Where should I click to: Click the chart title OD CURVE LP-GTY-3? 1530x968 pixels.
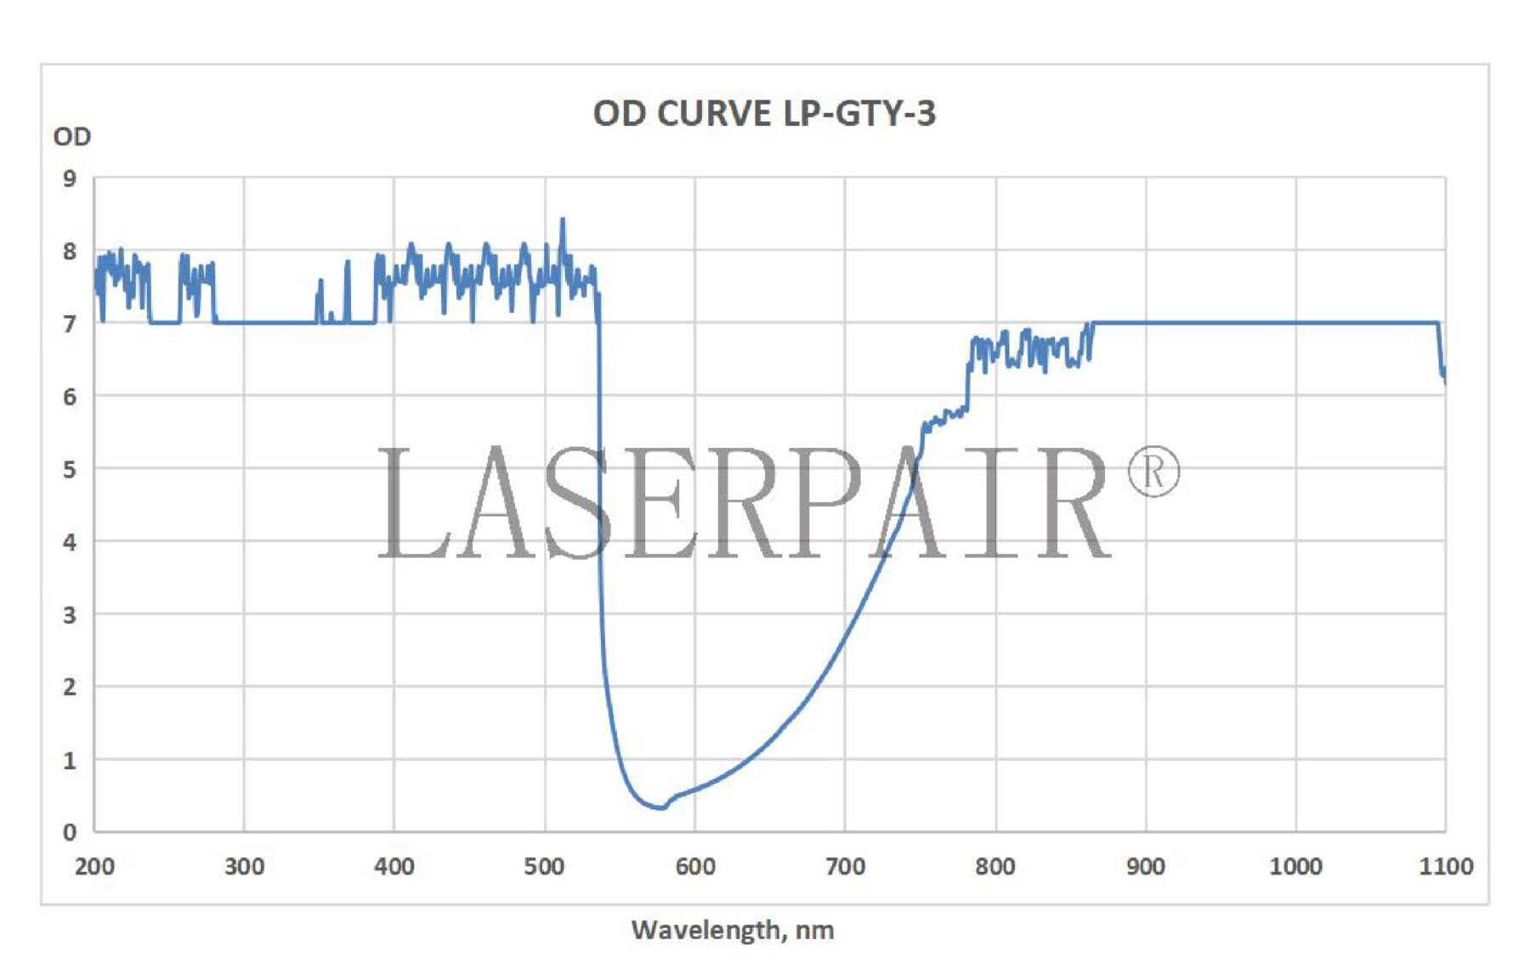pyautogui.click(x=763, y=113)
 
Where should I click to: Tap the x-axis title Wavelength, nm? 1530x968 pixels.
pyautogui.click(x=732, y=930)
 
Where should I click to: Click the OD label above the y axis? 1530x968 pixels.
pyautogui.click(x=71, y=137)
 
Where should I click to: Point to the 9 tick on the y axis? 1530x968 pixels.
pyautogui.click(x=70, y=178)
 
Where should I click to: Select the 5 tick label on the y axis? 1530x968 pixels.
pyautogui.click(x=70, y=469)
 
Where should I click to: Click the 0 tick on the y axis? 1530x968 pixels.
pyautogui.click(x=70, y=832)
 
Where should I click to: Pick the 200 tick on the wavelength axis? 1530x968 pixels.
pyautogui.click(x=94, y=866)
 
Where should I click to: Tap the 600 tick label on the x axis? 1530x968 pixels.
pyautogui.click(x=694, y=866)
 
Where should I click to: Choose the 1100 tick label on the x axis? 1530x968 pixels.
pyautogui.click(x=1445, y=866)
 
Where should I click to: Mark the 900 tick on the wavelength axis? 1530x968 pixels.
pyautogui.click(x=1145, y=866)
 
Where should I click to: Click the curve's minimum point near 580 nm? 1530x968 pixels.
pyautogui.click(x=660, y=807)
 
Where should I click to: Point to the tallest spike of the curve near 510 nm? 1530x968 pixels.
pyautogui.click(x=562, y=221)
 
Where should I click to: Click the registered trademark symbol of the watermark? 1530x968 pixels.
pyautogui.click(x=1153, y=472)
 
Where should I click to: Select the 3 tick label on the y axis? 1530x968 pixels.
pyautogui.click(x=70, y=614)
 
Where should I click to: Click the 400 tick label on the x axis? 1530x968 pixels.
pyautogui.click(x=394, y=866)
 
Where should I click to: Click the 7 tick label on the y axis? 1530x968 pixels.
pyautogui.click(x=70, y=324)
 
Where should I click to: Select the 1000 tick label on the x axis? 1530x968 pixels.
pyautogui.click(x=1295, y=866)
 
